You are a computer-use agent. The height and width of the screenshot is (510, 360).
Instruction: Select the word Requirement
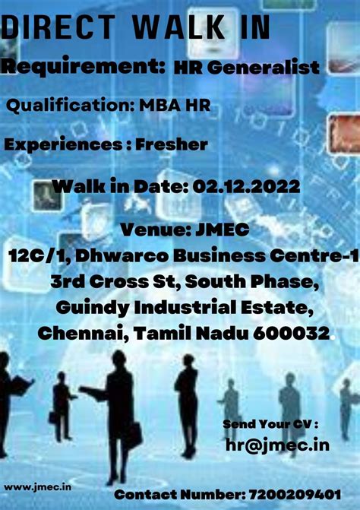coord(82,68)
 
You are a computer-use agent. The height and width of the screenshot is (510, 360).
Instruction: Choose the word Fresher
coord(172,144)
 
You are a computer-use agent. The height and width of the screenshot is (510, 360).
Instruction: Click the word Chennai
coord(77,333)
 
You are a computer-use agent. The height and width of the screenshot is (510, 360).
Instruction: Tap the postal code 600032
coord(296,333)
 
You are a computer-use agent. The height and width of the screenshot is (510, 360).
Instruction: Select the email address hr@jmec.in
coord(277,445)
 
